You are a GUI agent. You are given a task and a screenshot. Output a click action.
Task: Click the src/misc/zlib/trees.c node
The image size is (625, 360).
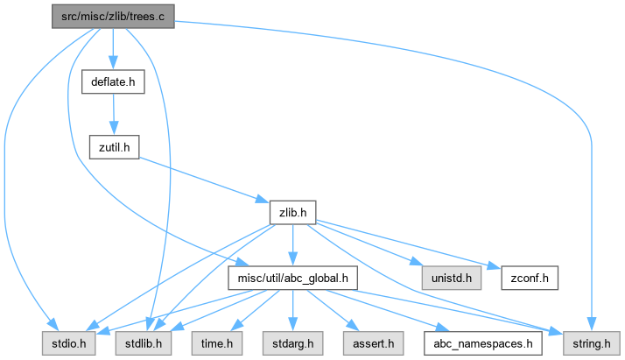point(112,17)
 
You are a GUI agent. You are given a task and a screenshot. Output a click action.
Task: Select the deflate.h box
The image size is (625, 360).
point(111,82)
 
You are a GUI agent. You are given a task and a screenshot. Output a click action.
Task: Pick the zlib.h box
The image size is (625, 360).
point(291,212)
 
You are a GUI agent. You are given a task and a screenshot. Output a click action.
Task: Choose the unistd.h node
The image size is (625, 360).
point(450,279)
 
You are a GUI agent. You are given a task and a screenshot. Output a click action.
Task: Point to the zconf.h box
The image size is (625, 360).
point(529,279)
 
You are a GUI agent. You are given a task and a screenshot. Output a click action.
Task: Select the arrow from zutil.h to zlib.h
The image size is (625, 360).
point(201,179)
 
